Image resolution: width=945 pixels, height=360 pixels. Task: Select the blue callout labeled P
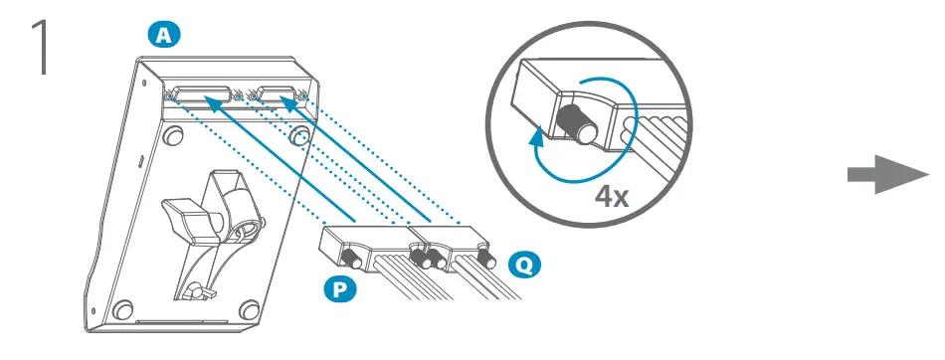pyautogui.click(x=339, y=291)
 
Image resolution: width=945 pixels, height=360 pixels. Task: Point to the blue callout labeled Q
pyautogui.click(x=519, y=266)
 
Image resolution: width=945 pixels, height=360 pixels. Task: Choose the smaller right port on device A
pyautogui.click(x=276, y=96)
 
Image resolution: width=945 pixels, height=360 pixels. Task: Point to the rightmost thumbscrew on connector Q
pyautogui.click(x=487, y=258)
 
